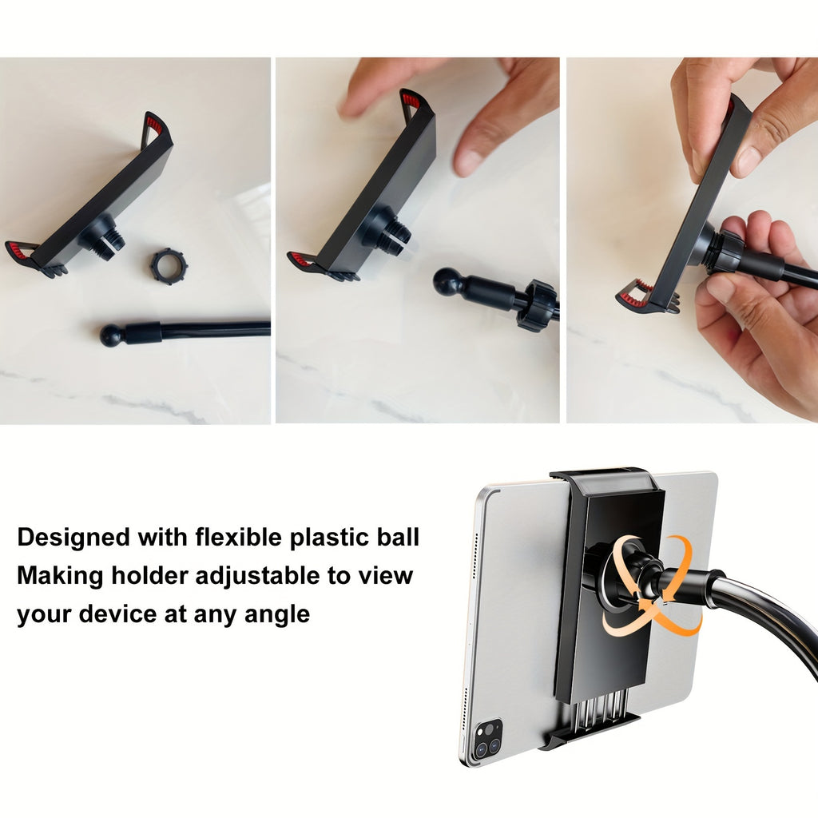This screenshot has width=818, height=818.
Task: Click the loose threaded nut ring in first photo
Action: click(x=168, y=266)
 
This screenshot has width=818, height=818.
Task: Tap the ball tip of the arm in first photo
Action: click(x=111, y=335)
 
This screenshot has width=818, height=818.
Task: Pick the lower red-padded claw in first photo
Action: click(x=22, y=252)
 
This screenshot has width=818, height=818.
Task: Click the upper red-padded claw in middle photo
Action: click(x=412, y=102)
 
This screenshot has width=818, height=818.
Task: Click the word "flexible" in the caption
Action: click(x=235, y=537)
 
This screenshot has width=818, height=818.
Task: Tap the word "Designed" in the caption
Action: click(x=73, y=537)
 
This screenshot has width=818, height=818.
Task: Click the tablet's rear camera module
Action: click(x=487, y=738)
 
